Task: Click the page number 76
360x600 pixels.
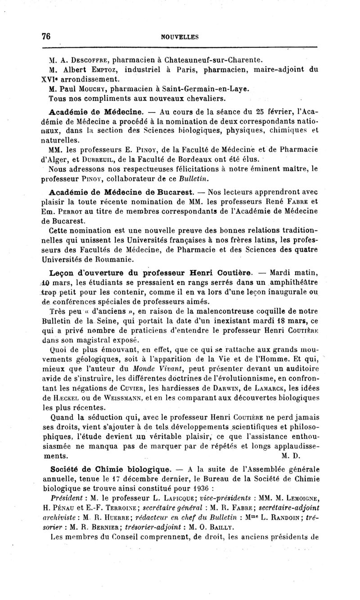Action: [45, 36]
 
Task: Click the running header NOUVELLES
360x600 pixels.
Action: [180, 37]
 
